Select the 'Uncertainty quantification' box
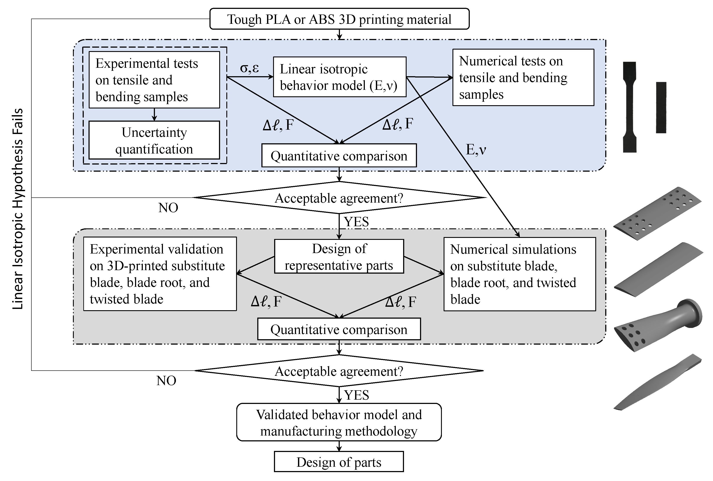coord(154,140)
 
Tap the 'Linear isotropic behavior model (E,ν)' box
coord(340,77)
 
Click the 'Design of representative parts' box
coord(339,257)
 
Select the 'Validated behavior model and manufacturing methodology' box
coord(339,422)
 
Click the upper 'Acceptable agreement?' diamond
coord(339,198)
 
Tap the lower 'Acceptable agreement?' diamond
coord(339,371)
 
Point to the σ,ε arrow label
coord(249,68)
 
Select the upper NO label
coord(168,208)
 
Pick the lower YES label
coord(356,395)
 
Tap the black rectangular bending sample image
coord(661,107)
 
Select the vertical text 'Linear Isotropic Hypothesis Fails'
coord(18,209)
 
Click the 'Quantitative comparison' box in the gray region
coord(339,329)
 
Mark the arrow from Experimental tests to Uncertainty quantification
coord(154,115)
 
